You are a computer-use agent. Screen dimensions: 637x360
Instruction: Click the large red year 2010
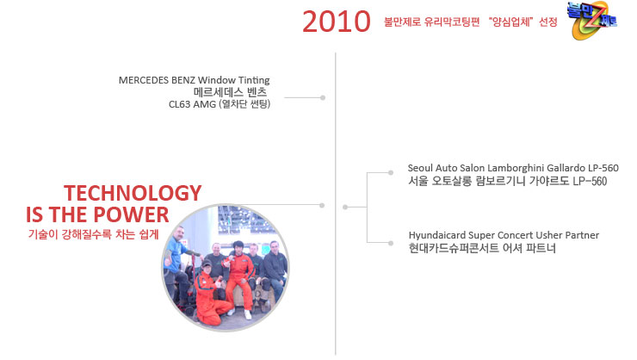337,22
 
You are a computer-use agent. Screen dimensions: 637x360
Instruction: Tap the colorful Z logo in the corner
592,21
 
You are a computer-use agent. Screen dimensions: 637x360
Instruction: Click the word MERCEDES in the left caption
144,80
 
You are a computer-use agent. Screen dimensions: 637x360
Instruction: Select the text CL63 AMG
192,104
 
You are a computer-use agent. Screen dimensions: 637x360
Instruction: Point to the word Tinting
254,80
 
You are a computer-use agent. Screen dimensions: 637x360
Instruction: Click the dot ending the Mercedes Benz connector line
323,97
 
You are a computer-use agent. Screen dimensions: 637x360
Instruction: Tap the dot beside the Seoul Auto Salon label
391,173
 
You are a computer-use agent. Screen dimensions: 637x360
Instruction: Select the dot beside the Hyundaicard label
391,243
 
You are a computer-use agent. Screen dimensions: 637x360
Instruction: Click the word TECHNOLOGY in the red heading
133,193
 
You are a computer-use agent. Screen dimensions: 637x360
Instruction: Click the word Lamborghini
516,168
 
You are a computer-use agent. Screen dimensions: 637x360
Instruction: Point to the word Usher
547,235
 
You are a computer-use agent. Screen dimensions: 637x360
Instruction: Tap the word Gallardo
566,168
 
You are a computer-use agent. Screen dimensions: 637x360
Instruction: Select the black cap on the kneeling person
207,264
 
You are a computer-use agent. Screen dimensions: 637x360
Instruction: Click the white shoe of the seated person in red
247,314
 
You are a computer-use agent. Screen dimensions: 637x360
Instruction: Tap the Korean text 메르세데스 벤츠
231,92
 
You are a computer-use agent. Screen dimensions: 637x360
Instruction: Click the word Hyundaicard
437,235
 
